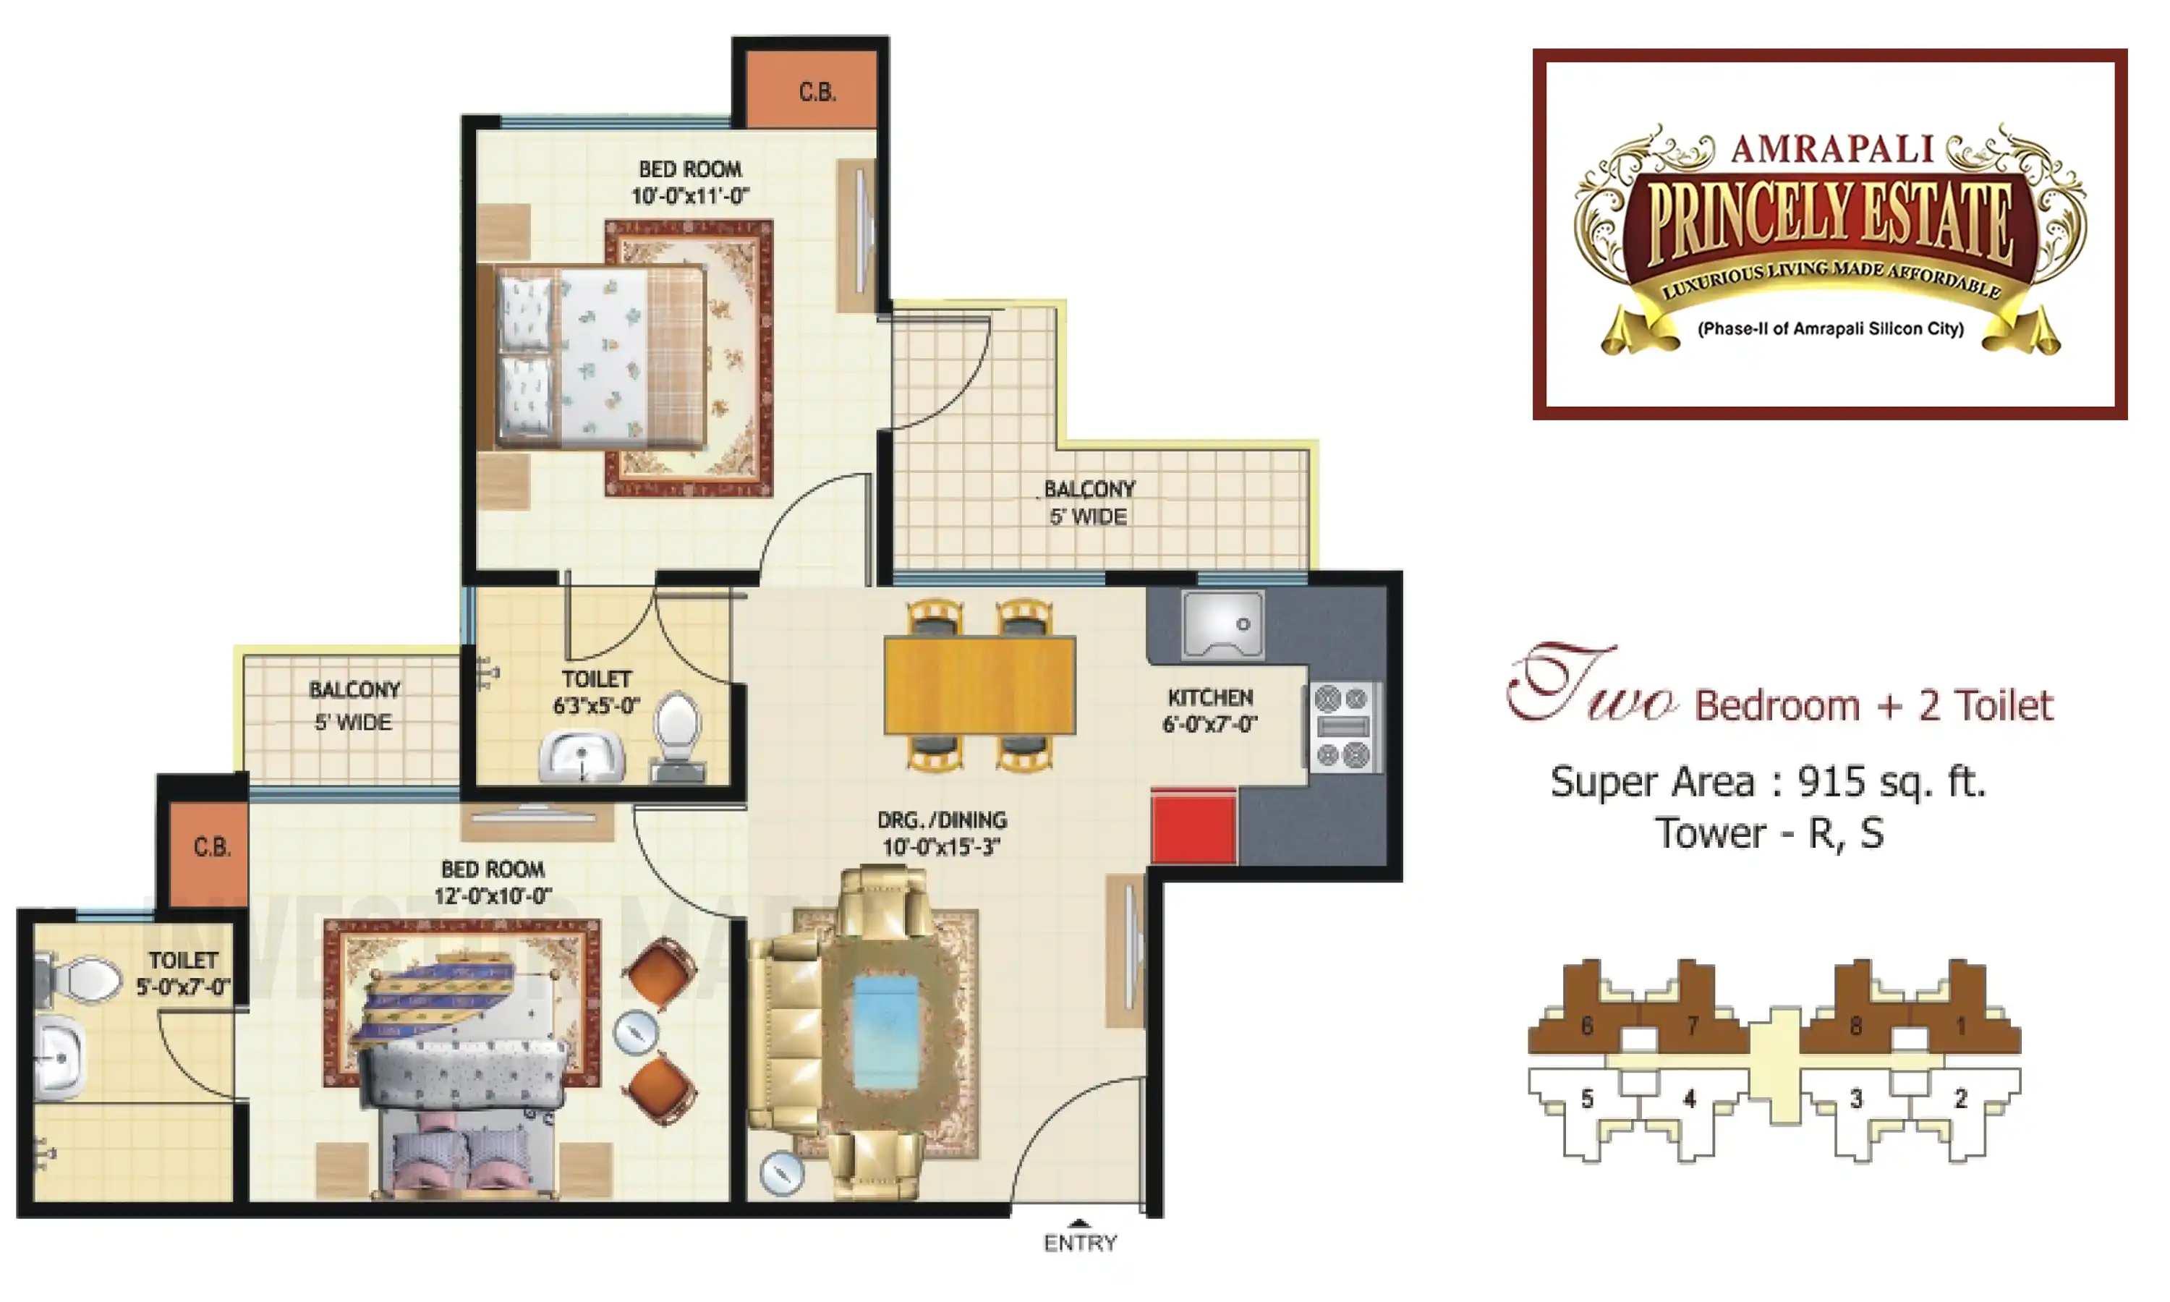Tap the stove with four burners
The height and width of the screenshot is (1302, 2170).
(1341, 728)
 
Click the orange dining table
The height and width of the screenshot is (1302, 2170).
(979, 685)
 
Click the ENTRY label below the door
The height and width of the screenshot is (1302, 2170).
(1080, 1243)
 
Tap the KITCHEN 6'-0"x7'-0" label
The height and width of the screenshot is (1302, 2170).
(1209, 710)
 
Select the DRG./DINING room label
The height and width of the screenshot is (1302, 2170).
(942, 833)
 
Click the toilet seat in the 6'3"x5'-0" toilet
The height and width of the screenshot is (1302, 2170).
(677, 726)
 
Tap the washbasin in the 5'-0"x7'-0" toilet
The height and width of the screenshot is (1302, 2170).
(59, 1059)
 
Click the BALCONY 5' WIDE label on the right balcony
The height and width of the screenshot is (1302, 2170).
(1089, 503)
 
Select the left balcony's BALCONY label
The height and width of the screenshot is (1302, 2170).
(354, 691)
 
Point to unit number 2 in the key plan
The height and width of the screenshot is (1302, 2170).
(1960, 1099)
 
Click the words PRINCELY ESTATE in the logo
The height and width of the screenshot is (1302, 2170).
(1829, 221)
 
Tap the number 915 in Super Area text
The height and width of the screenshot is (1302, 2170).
(1836, 781)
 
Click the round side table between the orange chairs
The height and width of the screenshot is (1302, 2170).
(635, 1033)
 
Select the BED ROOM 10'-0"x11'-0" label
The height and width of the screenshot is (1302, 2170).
(689, 182)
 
